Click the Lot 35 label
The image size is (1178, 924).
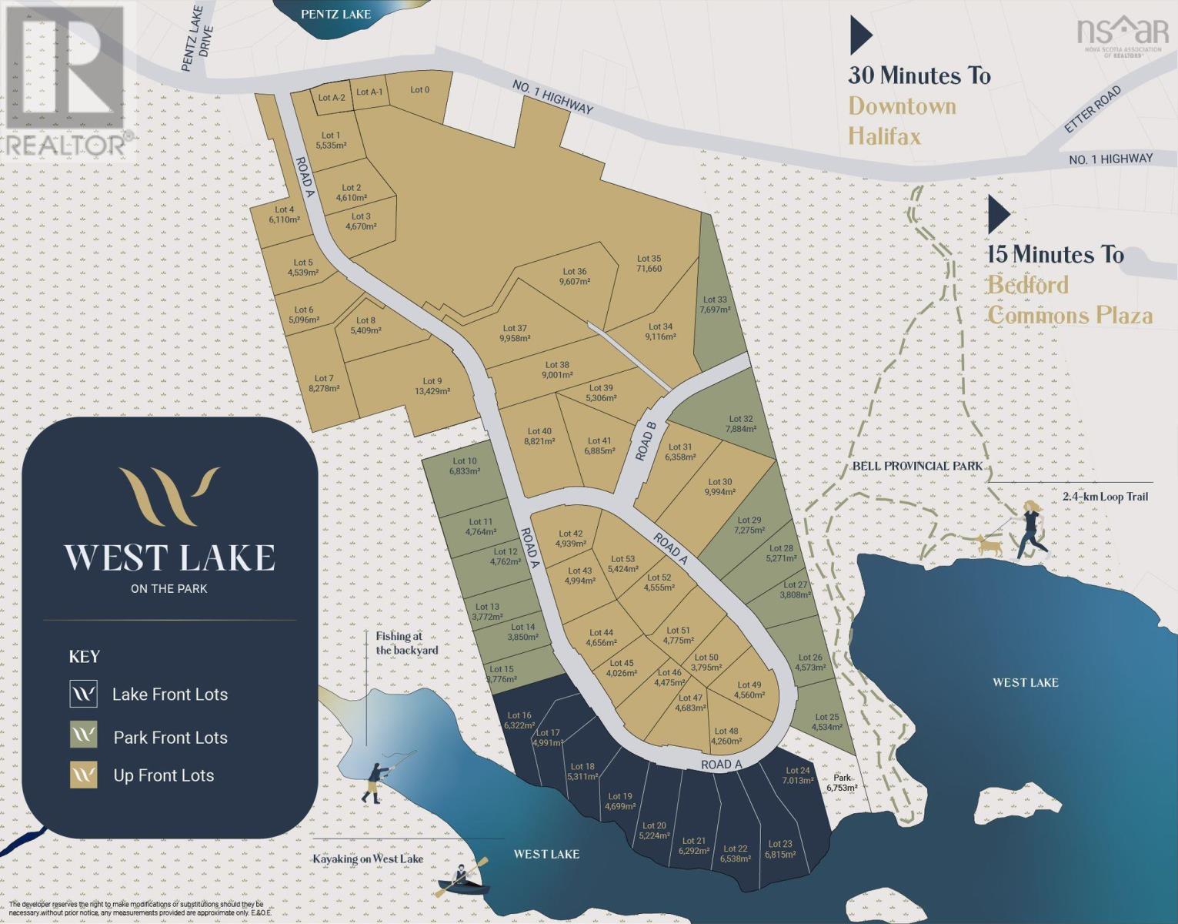[x=649, y=263]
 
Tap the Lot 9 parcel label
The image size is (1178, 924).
[x=432, y=385]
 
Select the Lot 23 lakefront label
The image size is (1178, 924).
[x=779, y=849]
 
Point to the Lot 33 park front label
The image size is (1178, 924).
[x=714, y=304]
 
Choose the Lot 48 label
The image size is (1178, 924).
[x=726, y=736]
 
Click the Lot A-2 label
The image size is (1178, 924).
[x=332, y=98]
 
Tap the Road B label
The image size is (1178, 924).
[x=645, y=445]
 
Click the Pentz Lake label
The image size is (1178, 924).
[x=335, y=14]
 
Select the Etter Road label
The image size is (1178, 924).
[x=1093, y=110]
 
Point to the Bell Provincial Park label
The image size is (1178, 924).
[x=917, y=466]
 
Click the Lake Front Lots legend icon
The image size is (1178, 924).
[x=83, y=694]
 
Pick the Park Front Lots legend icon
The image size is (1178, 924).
[x=83, y=735]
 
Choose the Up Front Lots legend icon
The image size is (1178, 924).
[x=83, y=775]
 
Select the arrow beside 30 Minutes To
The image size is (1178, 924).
[x=860, y=35]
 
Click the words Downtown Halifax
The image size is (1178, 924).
[x=902, y=121]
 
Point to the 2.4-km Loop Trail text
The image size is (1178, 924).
[x=1105, y=497]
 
